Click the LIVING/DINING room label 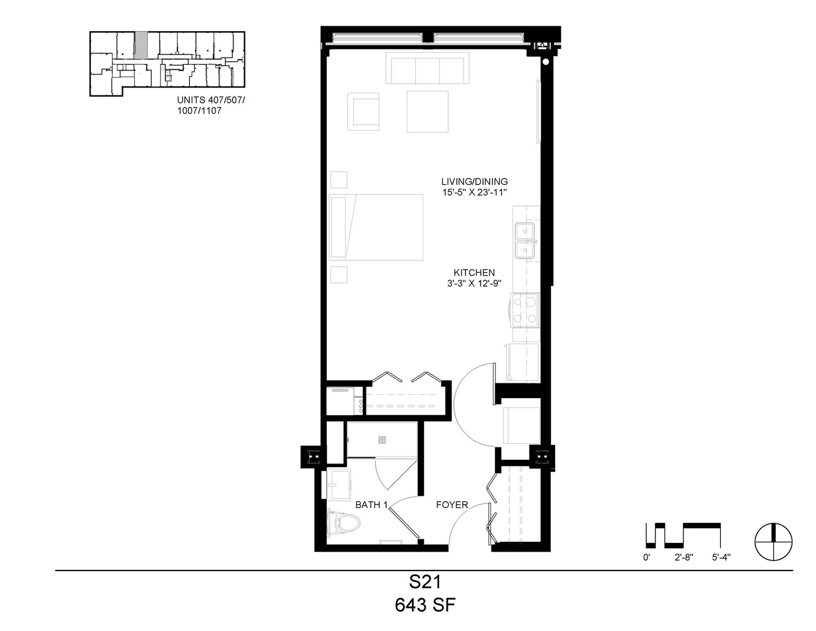(475, 182)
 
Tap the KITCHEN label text (475, 273)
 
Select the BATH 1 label (371, 504)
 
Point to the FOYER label (452, 504)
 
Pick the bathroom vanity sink (339, 484)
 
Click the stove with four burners (525, 311)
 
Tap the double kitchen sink (525, 241)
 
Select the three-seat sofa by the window (428, 68)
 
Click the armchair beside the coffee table (363, 112)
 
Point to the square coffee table (428, 112)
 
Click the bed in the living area (376, 227)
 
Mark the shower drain (382, 440)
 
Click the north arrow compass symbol (774, 542)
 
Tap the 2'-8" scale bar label (684, 558)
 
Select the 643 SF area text (425, 605)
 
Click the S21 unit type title (425, 582)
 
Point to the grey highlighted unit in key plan (141, 45)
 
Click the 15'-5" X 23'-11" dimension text (475, 193)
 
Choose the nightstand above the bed (339, 180)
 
